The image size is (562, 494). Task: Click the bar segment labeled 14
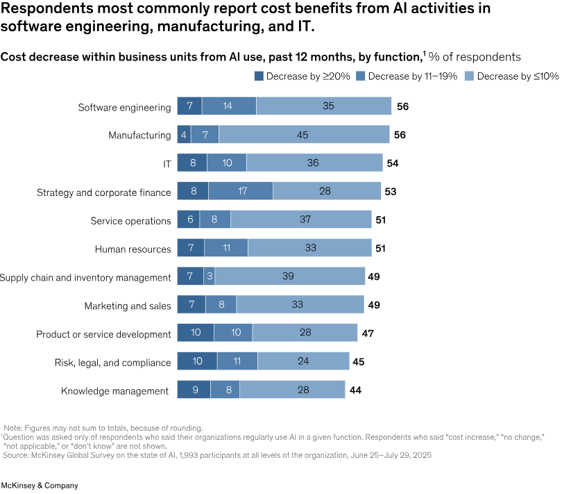click(x=228, y=106)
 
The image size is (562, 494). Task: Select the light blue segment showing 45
click(x=304, y=135)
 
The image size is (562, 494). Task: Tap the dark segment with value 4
click(x=184, y=135)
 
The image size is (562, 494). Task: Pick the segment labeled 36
click(x=314, y=163)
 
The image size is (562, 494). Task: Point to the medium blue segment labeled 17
click(x=241, y=191)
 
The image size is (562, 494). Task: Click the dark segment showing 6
click(x=189, y=220)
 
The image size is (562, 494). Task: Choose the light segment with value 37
click(x=301, y=220)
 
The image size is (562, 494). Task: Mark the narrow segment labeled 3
click(x=210, y=276)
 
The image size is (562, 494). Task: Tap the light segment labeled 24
click(x=303, y=361)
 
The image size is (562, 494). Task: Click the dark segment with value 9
click(x=194, y=390)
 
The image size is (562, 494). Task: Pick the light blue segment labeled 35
click(x=324, y=106)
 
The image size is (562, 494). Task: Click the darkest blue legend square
click(x=259, y=76)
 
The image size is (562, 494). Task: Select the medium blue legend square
click(x=360, y=76)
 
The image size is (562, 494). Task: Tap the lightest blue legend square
click(x=469, y=76)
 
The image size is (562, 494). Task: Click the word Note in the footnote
click(x=14, y=428)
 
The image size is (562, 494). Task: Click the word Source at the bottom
click(x=15, y=455)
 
